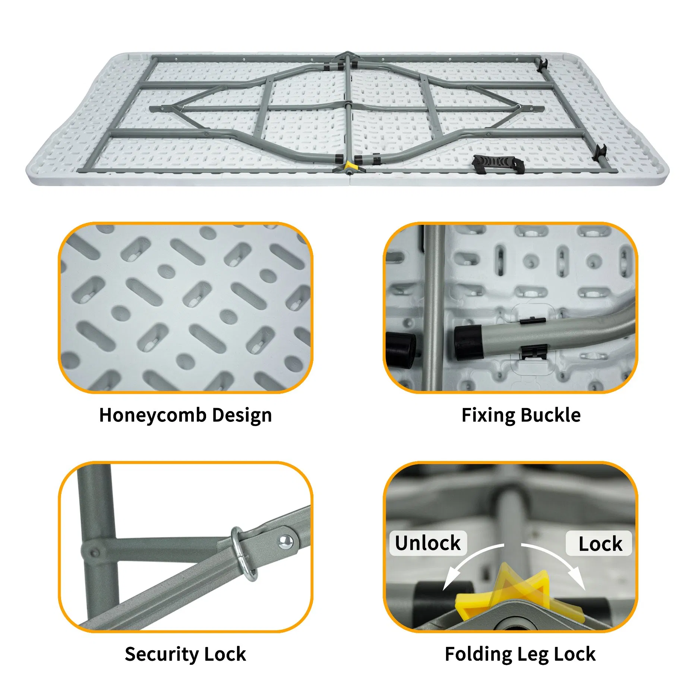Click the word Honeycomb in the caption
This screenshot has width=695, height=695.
[152, 415]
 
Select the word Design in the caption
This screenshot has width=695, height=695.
[242, 415]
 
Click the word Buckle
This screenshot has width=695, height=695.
[550, 415]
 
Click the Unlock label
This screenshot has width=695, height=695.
[428, 543]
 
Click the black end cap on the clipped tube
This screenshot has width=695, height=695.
[468, 342]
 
